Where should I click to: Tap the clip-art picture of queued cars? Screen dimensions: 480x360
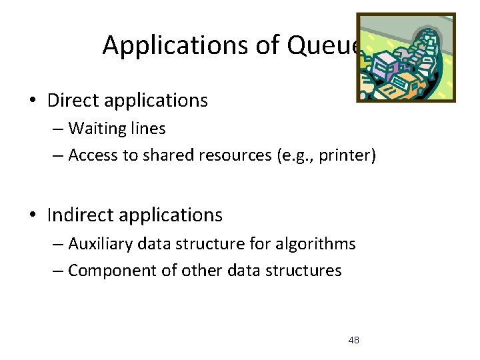[x=405, y=57]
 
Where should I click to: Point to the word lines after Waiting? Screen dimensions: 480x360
[x=148, y=128]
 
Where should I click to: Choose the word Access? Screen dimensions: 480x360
[x=93, y=155]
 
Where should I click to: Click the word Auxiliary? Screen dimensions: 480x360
[x=101, y=244]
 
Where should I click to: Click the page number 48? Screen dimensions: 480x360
[x=353, y=341]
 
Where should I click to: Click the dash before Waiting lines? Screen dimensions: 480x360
[x=58, y=129]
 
